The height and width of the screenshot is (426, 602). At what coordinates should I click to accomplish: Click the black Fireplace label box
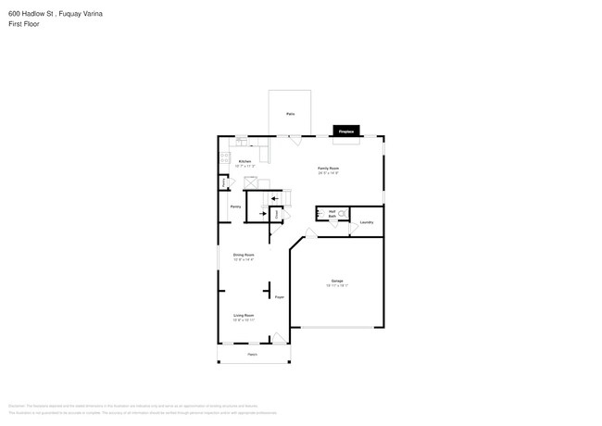[345, 132]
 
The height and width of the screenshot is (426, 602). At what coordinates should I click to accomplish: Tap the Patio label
[290, 113]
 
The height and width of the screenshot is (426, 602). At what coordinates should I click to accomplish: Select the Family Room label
[328, 169]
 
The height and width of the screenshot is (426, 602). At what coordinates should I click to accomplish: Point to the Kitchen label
[245, 162]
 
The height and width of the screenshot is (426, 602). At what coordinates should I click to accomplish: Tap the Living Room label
[244, 317]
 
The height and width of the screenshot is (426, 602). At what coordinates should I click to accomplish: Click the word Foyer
[278, 297]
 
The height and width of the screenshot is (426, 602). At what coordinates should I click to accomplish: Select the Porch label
[252, 354]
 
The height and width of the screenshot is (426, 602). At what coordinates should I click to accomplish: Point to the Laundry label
[367, 222]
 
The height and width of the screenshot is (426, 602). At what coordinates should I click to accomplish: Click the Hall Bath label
[332, 214]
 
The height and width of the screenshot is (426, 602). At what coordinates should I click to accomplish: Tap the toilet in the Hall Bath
[344, 214]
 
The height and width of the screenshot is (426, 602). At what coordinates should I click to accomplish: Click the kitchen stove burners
[224, 157]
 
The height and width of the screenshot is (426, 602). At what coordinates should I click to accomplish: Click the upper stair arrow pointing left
[274, 198]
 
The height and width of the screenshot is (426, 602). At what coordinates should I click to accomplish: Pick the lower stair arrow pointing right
[263, 214]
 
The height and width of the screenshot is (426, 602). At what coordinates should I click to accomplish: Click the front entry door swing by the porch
[278, 340]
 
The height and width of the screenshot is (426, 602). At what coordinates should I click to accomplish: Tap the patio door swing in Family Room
[294, 141]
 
